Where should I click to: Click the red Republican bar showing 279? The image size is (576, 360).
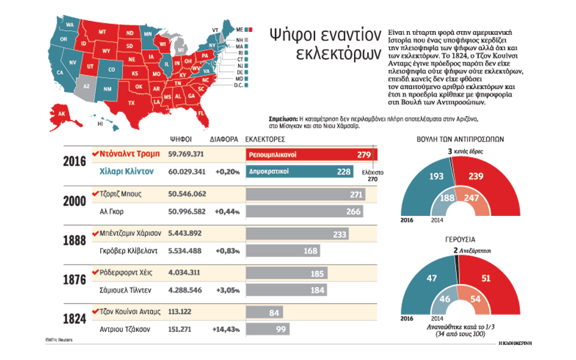[x=311, y=155]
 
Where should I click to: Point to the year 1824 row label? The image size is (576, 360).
[x=76, y=320]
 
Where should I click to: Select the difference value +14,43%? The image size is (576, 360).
[x=226, y=329]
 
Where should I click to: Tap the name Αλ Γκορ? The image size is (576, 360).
[x=113, y=211]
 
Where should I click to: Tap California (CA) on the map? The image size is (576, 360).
[x=60, y=72]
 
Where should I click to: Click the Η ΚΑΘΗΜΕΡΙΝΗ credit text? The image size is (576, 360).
[x=515, y=342]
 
